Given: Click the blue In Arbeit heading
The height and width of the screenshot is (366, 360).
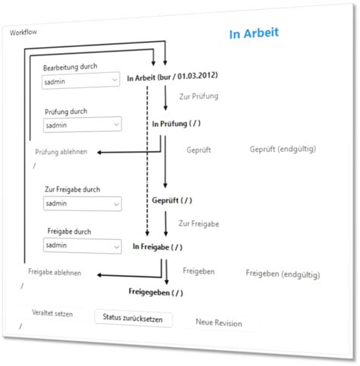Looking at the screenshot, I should point(254,33).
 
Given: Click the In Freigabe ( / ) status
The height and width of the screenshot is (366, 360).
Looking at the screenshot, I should point(157,247).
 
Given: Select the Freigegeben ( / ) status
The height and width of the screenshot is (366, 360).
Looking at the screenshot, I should point(156,292).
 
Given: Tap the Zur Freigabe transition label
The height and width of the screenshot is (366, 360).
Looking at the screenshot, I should point(199,224).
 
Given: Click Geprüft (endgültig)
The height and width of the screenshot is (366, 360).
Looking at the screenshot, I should point(283,149).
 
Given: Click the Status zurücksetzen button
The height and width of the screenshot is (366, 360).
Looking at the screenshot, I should point(134,318).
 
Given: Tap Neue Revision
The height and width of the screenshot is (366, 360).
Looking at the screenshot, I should point(219,323).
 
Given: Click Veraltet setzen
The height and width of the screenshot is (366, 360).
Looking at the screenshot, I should point(52,313).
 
